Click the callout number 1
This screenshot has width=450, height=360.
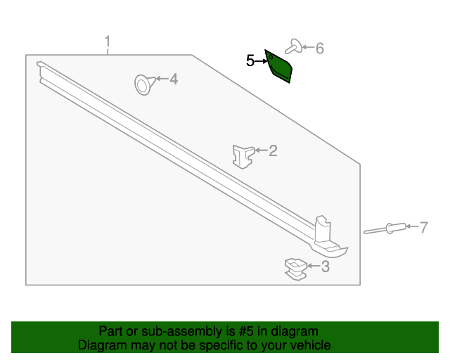[x=108, y=41]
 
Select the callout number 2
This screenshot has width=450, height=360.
[x=273, y=150]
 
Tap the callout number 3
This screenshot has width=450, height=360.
[x=325, y=266]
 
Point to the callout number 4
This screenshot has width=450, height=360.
[x=173, y=79]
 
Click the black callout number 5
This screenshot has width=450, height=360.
[x=250, y=61]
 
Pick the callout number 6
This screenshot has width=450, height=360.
[x=319, y=48]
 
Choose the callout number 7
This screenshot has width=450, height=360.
[x=424, y=226]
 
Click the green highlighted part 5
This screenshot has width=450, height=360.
[x=279, y=67]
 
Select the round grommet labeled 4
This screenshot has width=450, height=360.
[x=144, y=84]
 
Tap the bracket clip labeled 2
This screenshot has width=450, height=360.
[x=243, y=154]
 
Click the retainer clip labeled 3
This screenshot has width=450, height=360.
[x=296, y=268]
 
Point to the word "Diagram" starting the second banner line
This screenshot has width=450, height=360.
[x=101, y=345]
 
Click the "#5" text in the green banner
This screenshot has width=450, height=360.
[x=238, y=331]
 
